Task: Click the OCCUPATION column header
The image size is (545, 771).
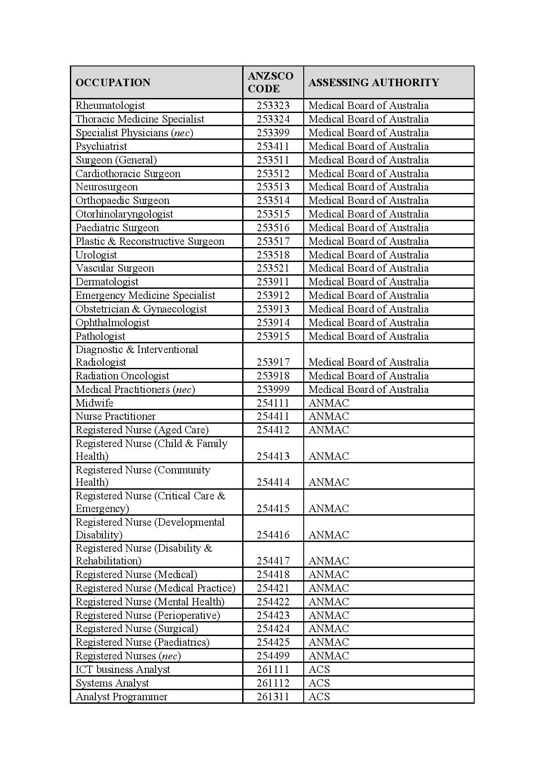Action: pyautogui.click(x=113, y=83)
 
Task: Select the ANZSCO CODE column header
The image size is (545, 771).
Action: pyautogui.click(x=270, y=82)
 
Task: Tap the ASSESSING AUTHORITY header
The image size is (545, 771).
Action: pyautogui.click(x=374, y=83)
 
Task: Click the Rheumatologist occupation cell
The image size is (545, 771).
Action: pyautogui.click(x=110, y=105)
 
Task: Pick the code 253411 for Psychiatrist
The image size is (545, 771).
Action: pyautogui.click(x=273, y=146)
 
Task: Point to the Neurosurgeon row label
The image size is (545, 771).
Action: pyautogui.click(x=107, y=187)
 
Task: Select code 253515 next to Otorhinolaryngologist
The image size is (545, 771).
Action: pyautogui.click(x=273, y=214)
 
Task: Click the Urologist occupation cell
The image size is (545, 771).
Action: pyautogui.click(x=96, y=255)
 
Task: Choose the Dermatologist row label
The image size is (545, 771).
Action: pyautogui.click(x=107, y=282)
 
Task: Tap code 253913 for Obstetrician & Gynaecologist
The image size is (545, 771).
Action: pyautogui.click(x=273, y=309)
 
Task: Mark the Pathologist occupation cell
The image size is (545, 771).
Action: pyautogui.click(x=100, y=336)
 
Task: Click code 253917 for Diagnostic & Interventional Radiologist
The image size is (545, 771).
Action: pyautogui.click(x=273, y=362)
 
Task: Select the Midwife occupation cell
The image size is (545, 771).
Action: pyautogui.click(x=94, y=403)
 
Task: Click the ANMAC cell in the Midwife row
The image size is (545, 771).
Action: pyautogui.click(x=329, y=403)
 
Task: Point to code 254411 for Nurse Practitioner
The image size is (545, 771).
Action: pyautogui.click(x=273, y=416)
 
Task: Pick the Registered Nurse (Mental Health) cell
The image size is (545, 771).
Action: pyautogui.click(x=150, y=602)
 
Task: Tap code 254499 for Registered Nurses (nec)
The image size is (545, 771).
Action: pyautogui.click(x=273, y=656)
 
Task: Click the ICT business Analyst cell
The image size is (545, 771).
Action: pyautogui.click(x=123, y=669)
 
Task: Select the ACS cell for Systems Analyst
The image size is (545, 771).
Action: pyautogui.click(x=319, y=683)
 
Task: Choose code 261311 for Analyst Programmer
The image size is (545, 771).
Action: pyautogui.click(x=273, y=697)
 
